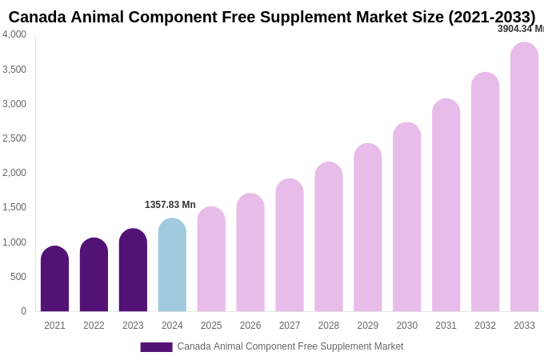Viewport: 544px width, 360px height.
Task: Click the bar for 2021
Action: click(54, 280)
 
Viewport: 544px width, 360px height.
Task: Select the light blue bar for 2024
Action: click(172, 266)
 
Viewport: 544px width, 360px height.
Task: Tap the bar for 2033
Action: click(524, 178)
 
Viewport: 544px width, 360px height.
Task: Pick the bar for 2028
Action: click(329, 238)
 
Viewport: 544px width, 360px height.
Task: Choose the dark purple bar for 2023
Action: click(133, 271)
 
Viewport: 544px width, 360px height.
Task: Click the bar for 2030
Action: click(407, 218)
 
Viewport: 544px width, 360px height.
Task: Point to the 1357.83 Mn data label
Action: click(170, 205)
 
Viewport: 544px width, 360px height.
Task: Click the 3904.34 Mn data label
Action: click(521, 29)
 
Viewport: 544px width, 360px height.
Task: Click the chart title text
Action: click(272, 17)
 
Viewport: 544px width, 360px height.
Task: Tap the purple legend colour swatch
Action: click(156, 347)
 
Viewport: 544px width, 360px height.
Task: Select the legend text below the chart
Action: click(290, 346)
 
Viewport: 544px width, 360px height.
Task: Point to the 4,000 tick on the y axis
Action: click(14, 34)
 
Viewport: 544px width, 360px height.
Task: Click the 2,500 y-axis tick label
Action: click(14, 138)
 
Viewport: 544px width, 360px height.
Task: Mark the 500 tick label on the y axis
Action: click(18, 277)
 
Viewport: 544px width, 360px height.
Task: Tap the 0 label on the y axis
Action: click(23, 311)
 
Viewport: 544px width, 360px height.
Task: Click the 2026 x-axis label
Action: click(250, 326)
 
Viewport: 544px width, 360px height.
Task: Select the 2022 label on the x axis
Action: click(94, 326)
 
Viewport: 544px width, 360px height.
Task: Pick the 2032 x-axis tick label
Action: click(485, 326)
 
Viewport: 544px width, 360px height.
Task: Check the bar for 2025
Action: click(211, 260)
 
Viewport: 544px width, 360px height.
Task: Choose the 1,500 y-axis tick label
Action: click(14, 207)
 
